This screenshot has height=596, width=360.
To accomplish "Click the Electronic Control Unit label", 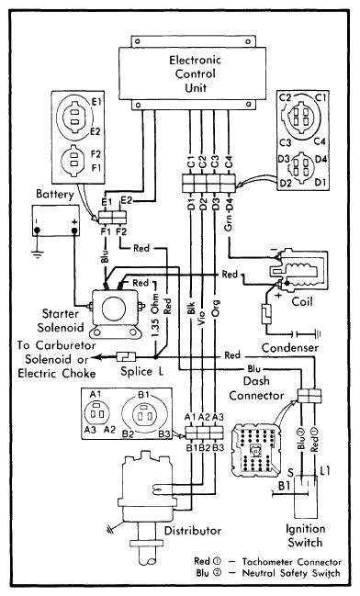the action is pos(195,73).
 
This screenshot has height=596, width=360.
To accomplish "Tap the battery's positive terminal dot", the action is pos(74,231).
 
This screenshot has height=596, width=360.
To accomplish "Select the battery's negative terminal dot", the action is pos(38,231).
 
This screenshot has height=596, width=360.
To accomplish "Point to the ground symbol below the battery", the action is pos(38,253).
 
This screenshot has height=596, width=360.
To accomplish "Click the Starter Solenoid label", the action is pos(61,320).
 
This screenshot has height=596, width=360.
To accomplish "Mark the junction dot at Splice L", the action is pos(155,357).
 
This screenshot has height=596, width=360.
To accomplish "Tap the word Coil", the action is pos(302,302).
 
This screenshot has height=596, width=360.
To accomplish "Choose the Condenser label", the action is pos(289,347).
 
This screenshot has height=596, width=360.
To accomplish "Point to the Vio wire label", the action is pos(203,318).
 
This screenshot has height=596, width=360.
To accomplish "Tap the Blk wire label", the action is pos(191,308).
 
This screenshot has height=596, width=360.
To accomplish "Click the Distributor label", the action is pos(193,530).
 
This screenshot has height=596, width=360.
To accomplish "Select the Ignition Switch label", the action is pos(305,535).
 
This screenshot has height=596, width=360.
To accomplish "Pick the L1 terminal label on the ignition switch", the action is pos(325,471).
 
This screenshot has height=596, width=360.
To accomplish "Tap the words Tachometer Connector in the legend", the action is pos(291,562).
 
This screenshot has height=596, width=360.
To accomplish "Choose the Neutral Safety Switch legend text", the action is pos(291,573).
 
